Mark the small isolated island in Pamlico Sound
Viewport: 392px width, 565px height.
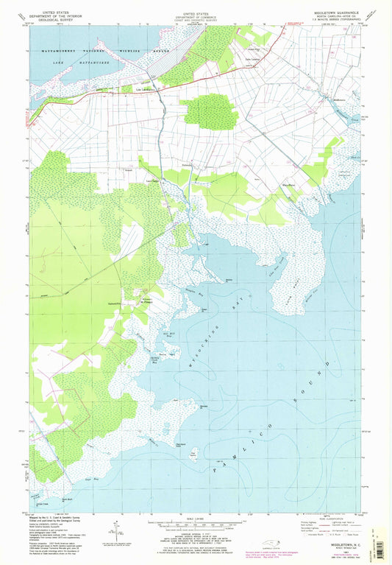click(x=193, y=453)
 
